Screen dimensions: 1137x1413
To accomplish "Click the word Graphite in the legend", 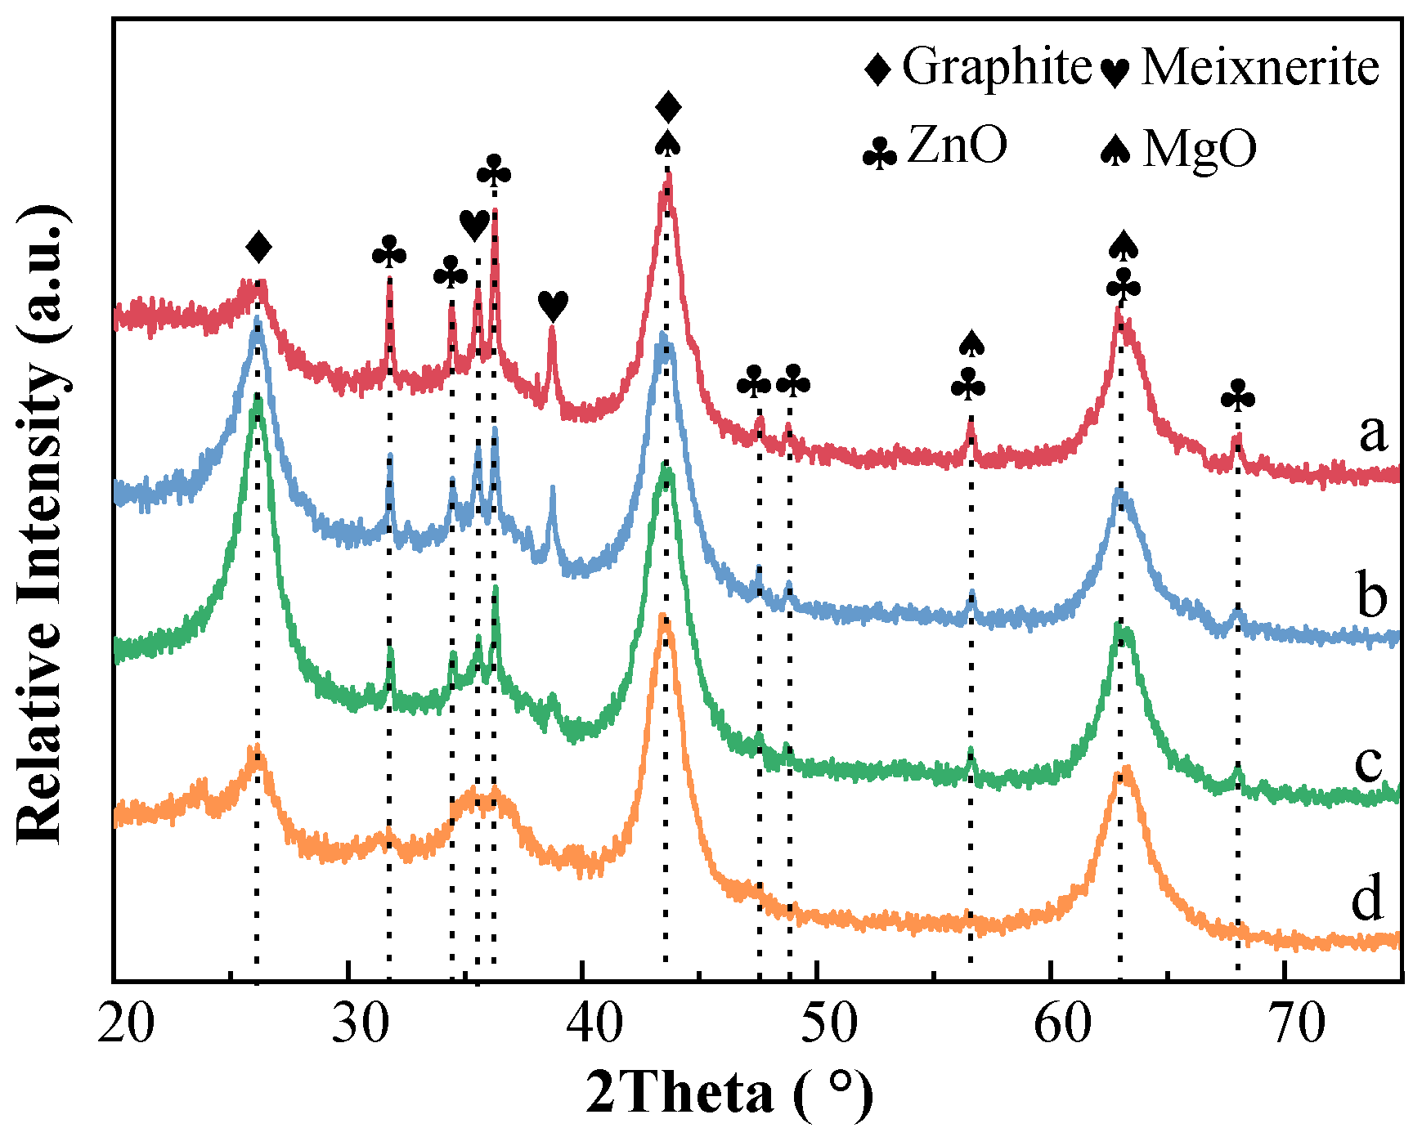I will click(x=997, y=67).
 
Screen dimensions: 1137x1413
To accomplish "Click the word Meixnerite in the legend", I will click(x=1259, y=67).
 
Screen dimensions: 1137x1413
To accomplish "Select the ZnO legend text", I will click(x=958, y=147).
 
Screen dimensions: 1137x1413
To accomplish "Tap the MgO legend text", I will click(x=1200, y=150).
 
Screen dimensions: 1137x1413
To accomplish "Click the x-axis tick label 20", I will click(x=125, y=1023).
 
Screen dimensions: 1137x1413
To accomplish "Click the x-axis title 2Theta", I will click(x=679, y=1094).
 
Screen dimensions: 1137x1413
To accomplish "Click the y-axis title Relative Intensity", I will click(x=41, y=523).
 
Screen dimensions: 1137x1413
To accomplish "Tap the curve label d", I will click(x=1367, y=898).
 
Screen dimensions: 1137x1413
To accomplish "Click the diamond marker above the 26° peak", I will click(x=258, y=246).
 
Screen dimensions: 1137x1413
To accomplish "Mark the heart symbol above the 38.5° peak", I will click(x=553, y=307).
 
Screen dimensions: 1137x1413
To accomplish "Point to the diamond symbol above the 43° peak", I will click(x=668, y=106).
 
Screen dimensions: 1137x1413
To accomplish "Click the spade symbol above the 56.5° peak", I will click(x=971, y=343).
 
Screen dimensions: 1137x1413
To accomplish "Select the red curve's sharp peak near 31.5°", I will click(x=389, y=280).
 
